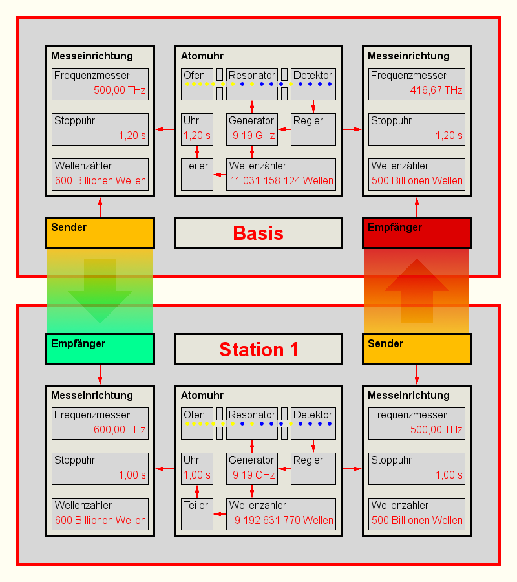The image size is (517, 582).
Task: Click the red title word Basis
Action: [258, 233]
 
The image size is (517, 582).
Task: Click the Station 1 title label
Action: [258, 349]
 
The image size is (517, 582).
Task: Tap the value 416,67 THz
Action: [436, 90]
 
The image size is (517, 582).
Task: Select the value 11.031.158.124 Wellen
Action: [281, 180]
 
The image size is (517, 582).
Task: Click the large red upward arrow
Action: [417, 291]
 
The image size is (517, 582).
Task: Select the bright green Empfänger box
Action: [100, 349]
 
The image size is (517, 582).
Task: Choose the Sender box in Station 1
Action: [417, 349]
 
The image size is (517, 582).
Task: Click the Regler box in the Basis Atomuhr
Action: [313, 129]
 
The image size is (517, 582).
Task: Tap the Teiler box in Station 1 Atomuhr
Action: [197, 513]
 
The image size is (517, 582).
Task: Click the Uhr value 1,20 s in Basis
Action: [197, 136]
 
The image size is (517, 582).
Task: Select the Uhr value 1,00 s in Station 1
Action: [197, 475]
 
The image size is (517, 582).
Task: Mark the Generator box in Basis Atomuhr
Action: [252, 129]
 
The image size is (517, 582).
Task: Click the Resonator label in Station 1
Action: [252, 415]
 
